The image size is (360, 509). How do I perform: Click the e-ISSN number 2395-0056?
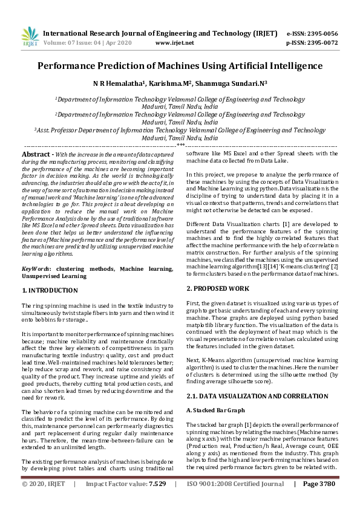(321, 33)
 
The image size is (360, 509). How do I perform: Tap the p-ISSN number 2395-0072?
(321, 43)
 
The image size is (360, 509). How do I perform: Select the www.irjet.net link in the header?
(175, 43)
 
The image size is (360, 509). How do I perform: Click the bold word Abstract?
(35, 154)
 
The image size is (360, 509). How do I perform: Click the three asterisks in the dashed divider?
(180, 146)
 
